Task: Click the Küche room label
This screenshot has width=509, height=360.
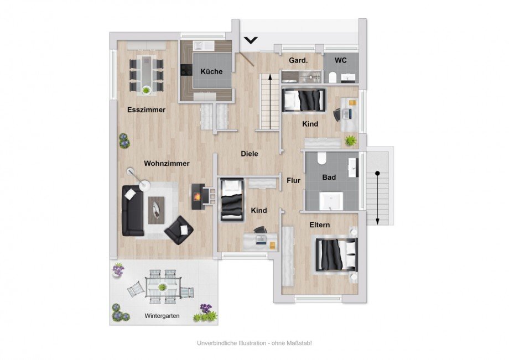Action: click(x=211, y=71)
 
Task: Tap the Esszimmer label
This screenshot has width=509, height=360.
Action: click(x=147, y=109)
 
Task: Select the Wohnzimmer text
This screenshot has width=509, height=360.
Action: click(x=167, y=164)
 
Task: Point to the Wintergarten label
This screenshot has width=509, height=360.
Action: click(x=162, y=316)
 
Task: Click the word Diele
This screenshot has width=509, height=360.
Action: click(x=250, y=154)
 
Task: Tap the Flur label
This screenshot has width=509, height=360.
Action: click(x=293, y=181)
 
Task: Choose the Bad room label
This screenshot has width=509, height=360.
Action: click(x=329, y=178)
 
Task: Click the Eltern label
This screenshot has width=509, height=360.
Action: click(x=320, y=225)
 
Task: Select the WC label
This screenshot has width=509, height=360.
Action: click(x=340, y=60)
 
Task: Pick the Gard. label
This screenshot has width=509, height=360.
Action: click(x=298, y=60)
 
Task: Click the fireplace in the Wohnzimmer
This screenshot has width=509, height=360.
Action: click(x=198, y=196)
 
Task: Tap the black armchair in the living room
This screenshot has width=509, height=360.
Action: click(x=179, y=230)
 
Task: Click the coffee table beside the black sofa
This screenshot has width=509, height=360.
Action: click(x=156, y=211)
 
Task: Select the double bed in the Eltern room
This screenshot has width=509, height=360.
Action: click(x=335, y=255)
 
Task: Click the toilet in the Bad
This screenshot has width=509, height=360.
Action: click(x=322, y=158)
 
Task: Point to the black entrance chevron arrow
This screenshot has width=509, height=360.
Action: click(x=251, y=40)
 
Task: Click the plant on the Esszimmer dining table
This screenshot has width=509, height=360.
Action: click(x=147, y=90)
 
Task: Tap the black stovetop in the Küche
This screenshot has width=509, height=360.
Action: click(x=186, y=70)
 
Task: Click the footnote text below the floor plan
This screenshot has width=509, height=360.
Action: click(x=254, y=343)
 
